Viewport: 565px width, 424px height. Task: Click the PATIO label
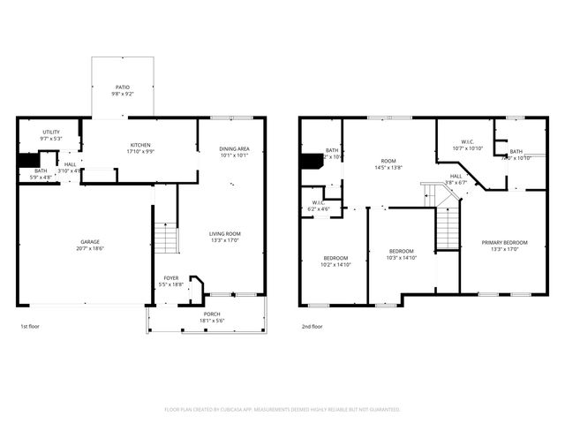click(124, 87)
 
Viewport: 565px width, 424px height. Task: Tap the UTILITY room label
click(50, 132)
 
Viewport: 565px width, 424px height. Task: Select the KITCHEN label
click(140, 145)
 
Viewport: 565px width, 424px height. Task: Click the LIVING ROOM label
click(225, 233)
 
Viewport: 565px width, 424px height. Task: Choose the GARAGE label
click(90, 242)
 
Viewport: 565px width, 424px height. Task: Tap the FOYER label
click(170, 278)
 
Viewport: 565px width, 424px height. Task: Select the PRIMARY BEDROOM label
click(504, 242)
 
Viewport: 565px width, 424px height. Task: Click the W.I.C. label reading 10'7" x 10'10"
click(467, 142)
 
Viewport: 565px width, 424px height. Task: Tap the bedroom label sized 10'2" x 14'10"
click(336, 257)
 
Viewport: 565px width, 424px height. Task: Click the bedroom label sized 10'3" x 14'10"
click(401, 251)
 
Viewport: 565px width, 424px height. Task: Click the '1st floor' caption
click(31, 327)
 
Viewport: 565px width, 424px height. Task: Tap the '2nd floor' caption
click(312, 327)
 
